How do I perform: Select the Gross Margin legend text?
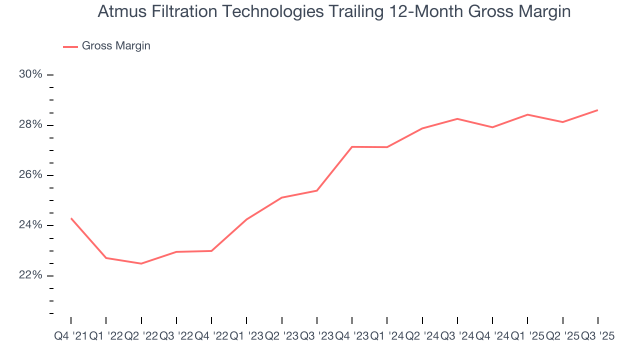pos(116,46)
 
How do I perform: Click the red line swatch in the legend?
pos(70,46)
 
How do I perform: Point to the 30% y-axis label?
pos(30,74)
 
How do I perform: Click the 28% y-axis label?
pos(30,124)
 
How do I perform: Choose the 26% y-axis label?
pos(30,175)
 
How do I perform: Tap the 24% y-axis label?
pos(30,225)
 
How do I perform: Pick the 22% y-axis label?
pos(30,275)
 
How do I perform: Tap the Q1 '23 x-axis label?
pos(246,336)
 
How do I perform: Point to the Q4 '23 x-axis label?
pos(352,336)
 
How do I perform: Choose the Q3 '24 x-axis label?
pos(457,336)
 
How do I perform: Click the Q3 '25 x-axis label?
pos(597,336)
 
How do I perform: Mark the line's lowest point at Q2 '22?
pos(141,263)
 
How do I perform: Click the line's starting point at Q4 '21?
pos(71,218)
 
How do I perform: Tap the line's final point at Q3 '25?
pos(597,110)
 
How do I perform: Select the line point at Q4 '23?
pos(352,146)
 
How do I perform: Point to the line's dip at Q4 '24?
pos(492,127)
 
